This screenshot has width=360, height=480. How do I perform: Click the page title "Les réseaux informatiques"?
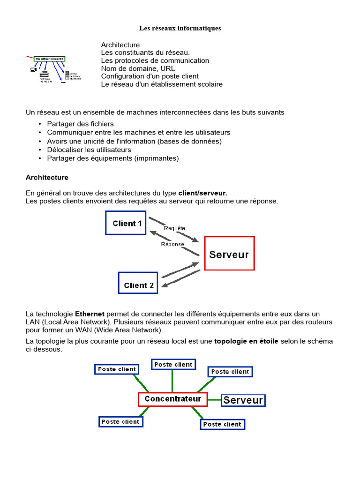180,28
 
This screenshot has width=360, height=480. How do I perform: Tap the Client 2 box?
138,285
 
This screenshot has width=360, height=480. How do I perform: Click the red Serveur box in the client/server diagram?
229,254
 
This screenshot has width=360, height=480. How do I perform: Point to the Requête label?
174,228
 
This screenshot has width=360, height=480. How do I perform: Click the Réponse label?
172,244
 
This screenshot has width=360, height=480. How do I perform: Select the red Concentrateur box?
172,399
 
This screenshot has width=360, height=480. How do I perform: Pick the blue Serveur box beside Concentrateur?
243,400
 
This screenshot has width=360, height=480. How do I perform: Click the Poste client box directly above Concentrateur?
173,364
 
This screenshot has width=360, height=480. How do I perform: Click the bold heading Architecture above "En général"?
47,178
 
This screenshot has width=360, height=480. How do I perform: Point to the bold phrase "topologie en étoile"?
246,341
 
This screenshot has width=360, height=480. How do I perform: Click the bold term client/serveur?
202,193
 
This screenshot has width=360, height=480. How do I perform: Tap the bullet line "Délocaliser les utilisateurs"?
89,150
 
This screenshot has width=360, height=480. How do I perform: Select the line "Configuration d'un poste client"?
150,76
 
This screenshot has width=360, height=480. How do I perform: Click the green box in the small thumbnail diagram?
50,59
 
